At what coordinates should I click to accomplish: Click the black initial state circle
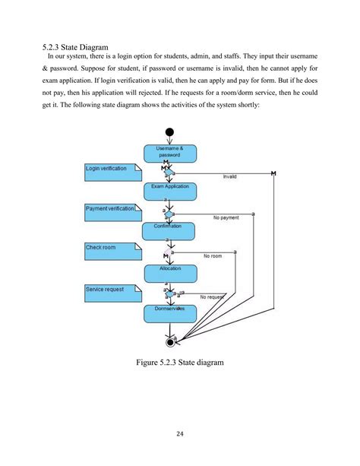tap(169, 132)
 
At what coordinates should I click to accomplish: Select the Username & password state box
tap(169, 152)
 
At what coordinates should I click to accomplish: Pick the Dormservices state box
tap(169, 311)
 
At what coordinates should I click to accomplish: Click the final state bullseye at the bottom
tap(169, 341)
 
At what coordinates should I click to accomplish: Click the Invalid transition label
tap(229, 176)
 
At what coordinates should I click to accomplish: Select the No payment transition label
tap(226, 217)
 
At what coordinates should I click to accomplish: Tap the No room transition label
tap(213, 257)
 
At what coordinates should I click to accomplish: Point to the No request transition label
tap(212, 297)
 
